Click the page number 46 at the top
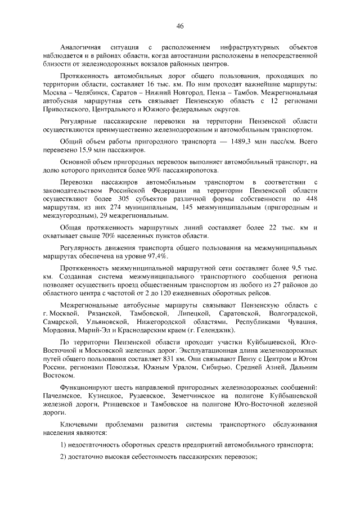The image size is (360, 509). tap(180, 25)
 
